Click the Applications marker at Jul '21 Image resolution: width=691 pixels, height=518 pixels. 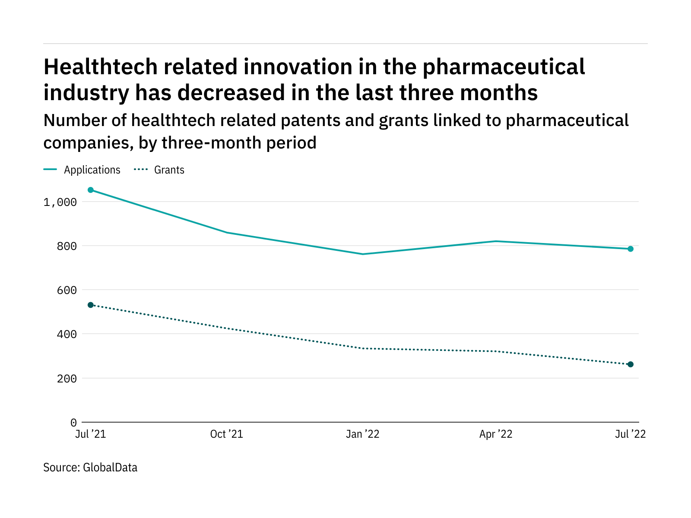coord(91,190)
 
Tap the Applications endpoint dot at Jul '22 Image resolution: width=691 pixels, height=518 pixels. coord(631,249)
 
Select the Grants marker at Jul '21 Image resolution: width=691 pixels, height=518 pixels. coord(91,305)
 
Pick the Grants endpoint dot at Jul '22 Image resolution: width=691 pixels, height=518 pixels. coord(631,364)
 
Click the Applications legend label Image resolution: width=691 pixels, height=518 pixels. coord(92,170)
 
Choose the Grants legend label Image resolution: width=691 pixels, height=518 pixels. coord(169,170)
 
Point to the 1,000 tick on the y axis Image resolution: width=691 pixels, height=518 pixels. coord(60,202)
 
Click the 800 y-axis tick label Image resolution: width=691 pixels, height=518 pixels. coord(67,246)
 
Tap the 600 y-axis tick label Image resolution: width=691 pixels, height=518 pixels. coord(67,290)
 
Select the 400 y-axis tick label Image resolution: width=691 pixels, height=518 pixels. coord(67,334)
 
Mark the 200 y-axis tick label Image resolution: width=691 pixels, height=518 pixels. coord(67,379)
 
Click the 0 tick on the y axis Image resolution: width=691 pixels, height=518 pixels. coord(73,423)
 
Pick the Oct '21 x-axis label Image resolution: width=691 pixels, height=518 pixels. coord(227,434)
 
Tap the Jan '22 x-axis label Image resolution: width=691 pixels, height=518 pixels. coord(363,434)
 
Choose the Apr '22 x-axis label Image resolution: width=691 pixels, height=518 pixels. coord(496,434)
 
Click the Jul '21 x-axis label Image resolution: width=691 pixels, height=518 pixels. coord(91,434)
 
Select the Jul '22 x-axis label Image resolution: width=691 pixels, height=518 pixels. coord(631,434)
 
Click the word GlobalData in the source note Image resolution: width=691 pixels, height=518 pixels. coord(110,467)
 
